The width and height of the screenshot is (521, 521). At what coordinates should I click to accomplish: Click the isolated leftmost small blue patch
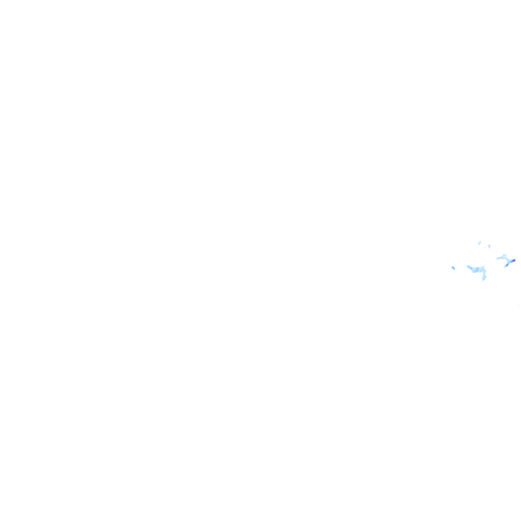click(453, 268)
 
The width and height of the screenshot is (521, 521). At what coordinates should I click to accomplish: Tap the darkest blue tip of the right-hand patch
click(513, 260)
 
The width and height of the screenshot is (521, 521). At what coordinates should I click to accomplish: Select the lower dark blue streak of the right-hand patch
click(507, 265)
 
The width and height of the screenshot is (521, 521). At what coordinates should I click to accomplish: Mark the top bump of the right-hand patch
click(504, 255)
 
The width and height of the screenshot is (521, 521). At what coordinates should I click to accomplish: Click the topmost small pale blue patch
click(479, 243)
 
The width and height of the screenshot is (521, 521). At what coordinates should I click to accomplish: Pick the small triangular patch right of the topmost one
click(489, 246)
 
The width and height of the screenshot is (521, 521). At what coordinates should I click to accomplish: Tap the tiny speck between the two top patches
click(485, 247)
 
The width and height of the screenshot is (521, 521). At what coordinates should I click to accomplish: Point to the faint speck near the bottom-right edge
click(518, 305)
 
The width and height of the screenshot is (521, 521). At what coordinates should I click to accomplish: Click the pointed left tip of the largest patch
click(468, 266)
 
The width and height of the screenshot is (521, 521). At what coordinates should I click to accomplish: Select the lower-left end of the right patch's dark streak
click(505, 266)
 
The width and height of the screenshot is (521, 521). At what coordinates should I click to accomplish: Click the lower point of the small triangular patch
click(489, 248)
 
